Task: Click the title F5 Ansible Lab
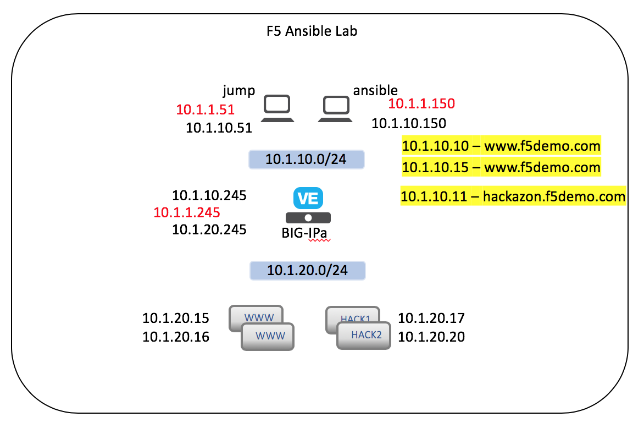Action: click(312, 31)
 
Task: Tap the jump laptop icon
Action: click(277, 108)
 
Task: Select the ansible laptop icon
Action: click(336, 109)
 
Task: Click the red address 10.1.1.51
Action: click(206, 109)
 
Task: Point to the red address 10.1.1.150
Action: click(421, 103)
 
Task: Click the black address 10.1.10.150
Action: click(409, 123)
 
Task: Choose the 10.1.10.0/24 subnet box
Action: click(307, 160)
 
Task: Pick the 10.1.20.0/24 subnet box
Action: click(308, 271)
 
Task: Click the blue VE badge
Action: click(308, 198)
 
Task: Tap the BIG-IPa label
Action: click(304, 233)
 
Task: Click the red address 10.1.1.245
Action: click(187, 212)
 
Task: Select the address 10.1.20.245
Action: click(209, 229)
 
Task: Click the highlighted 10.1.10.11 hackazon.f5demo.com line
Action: click(513, 196)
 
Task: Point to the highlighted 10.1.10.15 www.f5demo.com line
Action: click(501, 167)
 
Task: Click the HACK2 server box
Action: click(363, 336)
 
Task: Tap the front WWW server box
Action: click(268, 337)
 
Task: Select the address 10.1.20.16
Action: click(176, 337)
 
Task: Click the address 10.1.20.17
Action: click(431, 318)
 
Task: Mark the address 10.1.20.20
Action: click(431, 337)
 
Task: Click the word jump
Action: click(239, 90)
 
